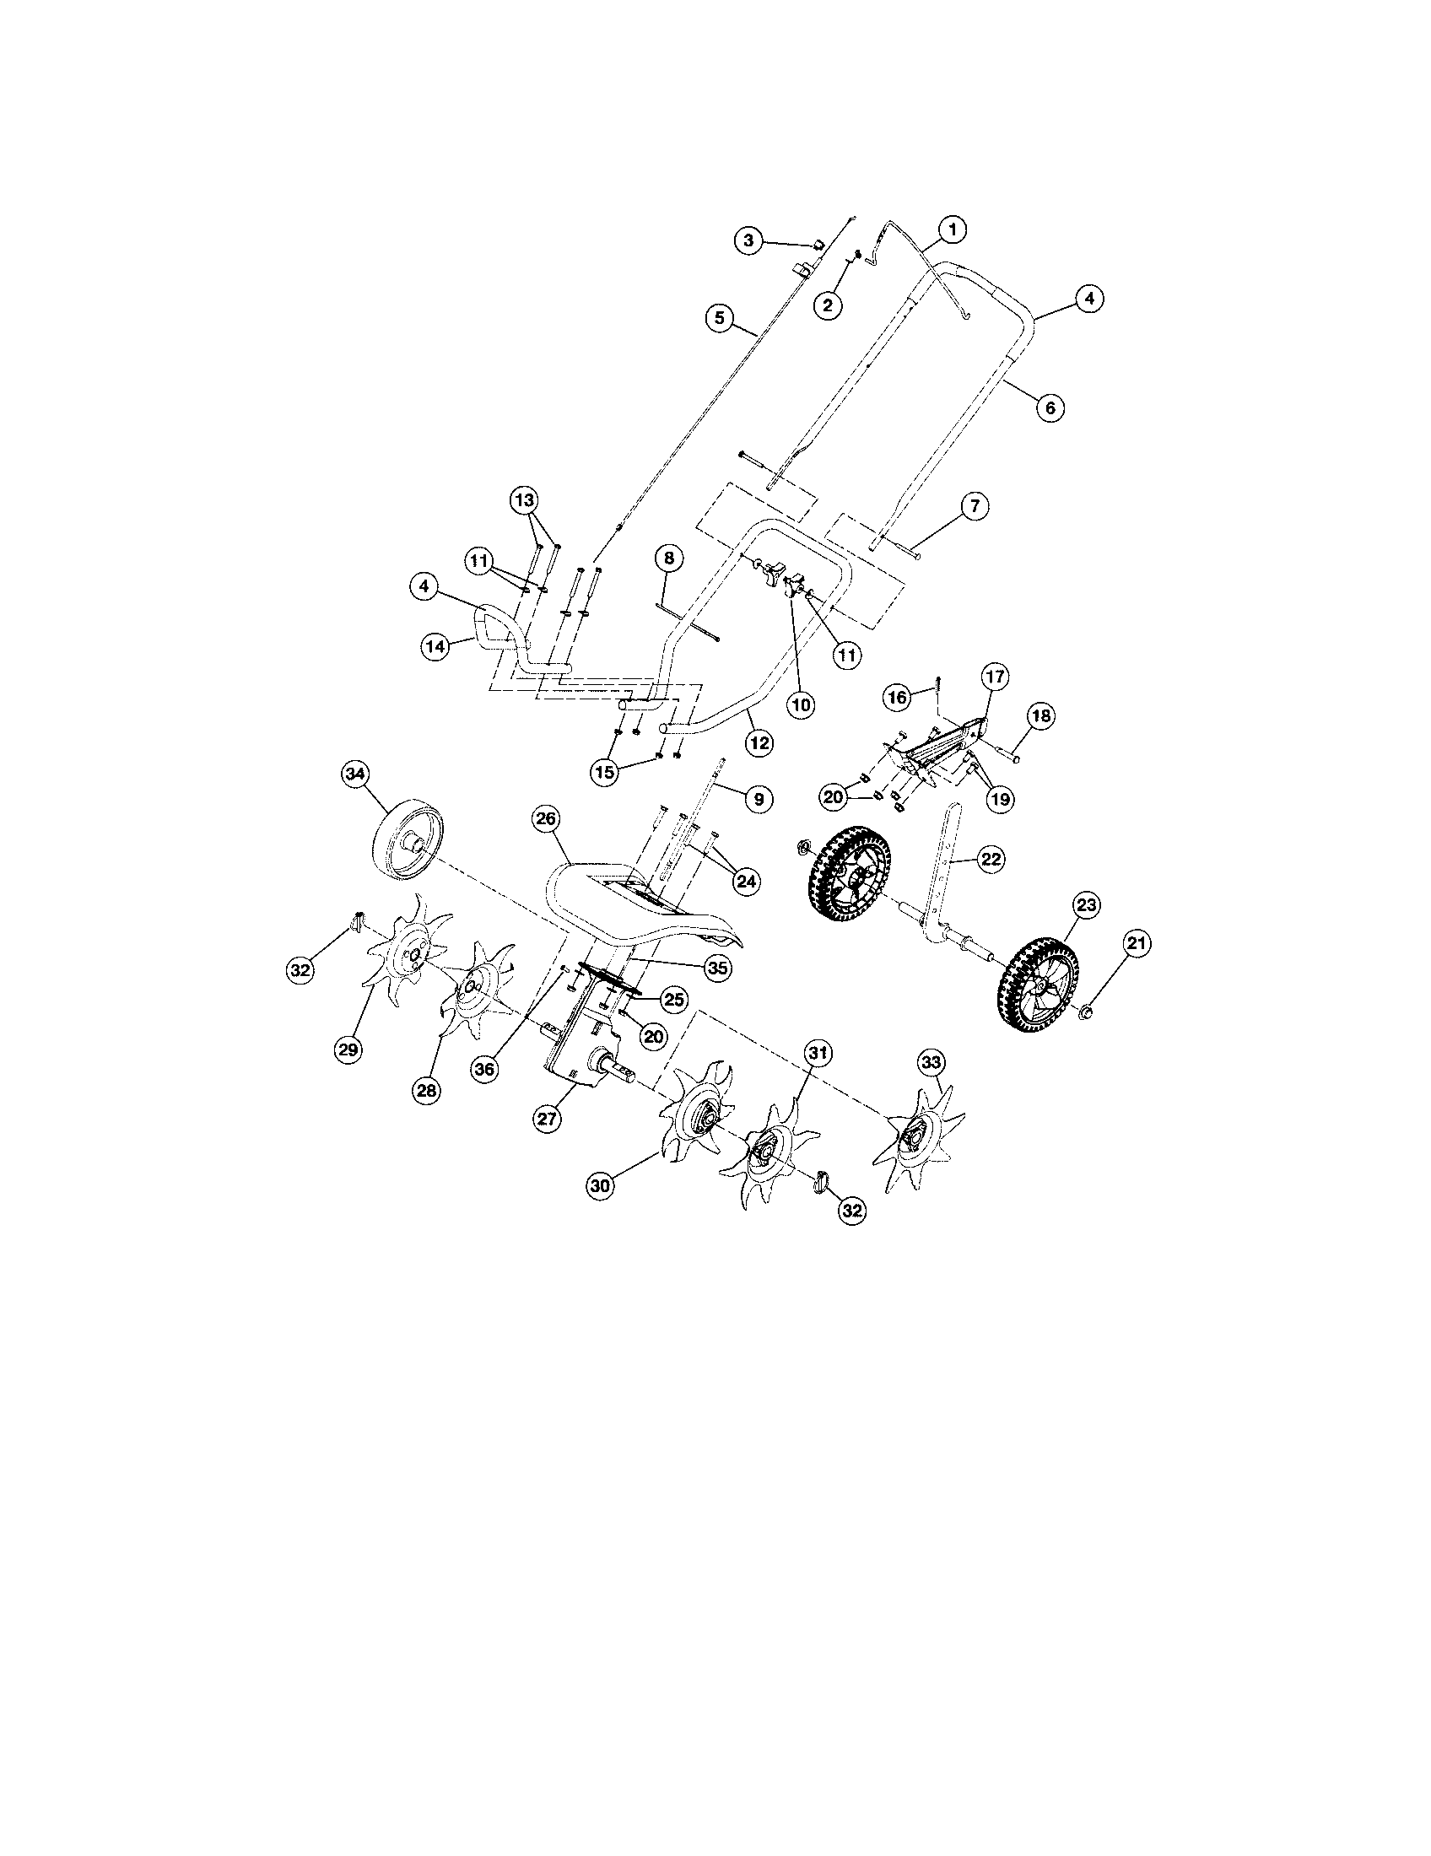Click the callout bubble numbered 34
tap(354, 774)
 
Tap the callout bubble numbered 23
tap(1086, 905)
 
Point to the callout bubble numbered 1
tap(952, 229)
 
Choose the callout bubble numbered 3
tap(748, 240)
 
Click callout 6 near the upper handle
tap(1050, 407)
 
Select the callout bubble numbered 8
tap(669, 558)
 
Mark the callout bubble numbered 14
tap(435, 647)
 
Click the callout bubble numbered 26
tap(546, 819)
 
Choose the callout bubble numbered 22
tap(991, 860)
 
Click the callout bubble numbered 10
tap(802, 704)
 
